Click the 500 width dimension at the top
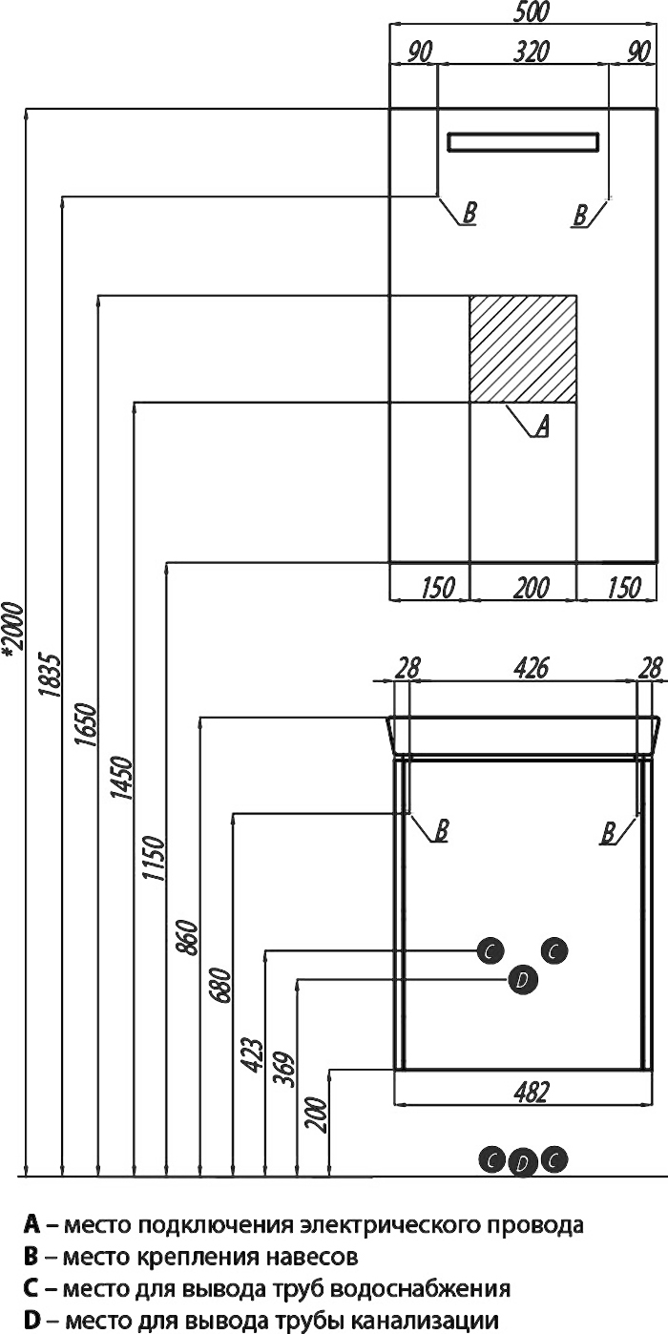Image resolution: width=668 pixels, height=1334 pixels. (x=524, y=13)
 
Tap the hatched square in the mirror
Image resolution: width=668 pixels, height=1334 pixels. (x=523, y=349)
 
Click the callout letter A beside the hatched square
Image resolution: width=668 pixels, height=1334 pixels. (x=540, y=427)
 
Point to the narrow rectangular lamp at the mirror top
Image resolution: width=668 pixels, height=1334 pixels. (x=524, y=142)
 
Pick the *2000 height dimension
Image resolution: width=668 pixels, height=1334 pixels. (x=10, y=630)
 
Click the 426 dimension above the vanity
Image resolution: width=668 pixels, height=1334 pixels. (x=531, y=669)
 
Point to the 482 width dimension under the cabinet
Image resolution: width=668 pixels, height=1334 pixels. (x=531, y=1093)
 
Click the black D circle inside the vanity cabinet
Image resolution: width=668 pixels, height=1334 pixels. (x=522, y=980)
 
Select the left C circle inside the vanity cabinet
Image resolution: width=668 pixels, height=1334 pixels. (x=490, y=950)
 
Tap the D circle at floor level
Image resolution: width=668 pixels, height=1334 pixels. (x=522, y=1163)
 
